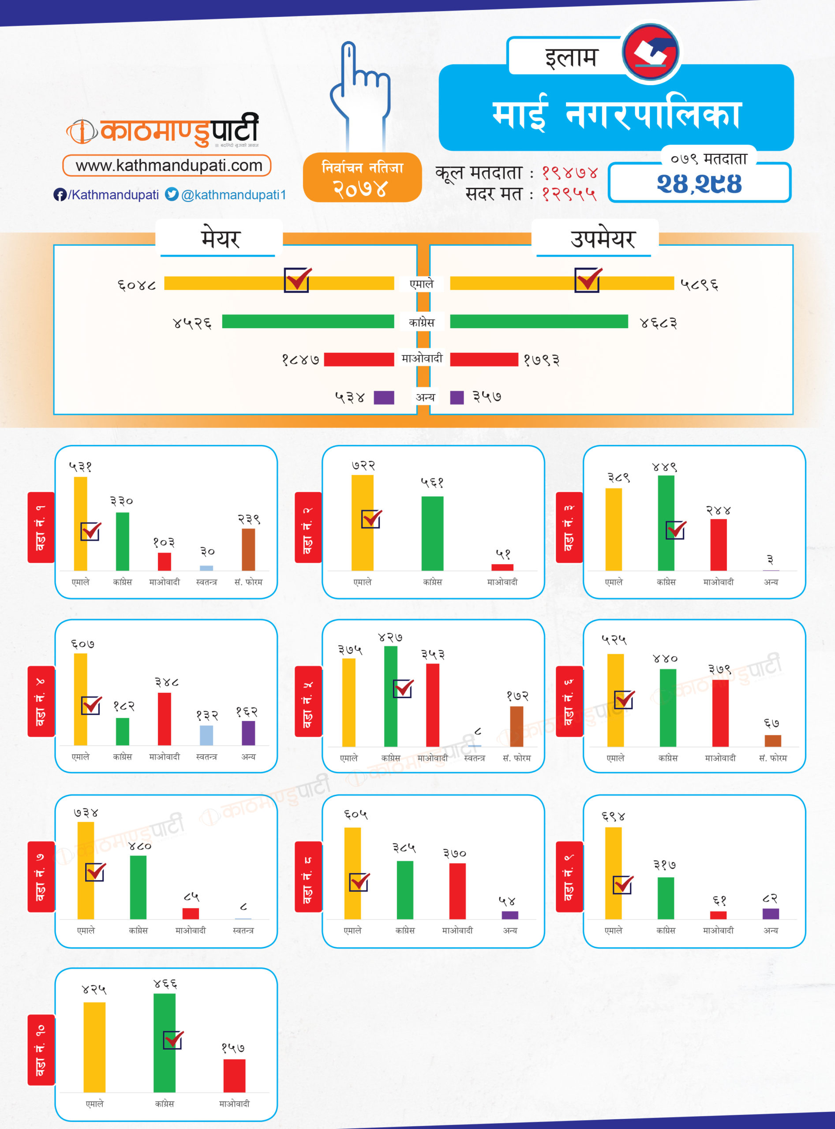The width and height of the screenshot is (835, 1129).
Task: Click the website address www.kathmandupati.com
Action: (x=168, y=165)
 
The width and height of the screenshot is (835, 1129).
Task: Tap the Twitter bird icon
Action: (x=172, y=194)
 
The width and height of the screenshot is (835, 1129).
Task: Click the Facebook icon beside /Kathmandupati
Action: (x=60, y=194)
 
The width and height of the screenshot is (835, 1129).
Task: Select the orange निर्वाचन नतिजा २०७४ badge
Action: (x=362, y=177)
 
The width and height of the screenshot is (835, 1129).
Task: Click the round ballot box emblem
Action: (x=651, y=52)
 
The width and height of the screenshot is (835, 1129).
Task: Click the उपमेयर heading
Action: (x=602, y=239)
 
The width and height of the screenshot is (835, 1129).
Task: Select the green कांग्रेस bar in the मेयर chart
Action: (x=308, y=322)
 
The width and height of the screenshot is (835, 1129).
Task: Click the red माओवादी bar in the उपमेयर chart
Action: (x=484, y=359)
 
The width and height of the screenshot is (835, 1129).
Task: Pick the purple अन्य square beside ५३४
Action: (x=384, y=397)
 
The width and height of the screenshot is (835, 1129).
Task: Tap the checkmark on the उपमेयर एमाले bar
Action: (x=588, y=280)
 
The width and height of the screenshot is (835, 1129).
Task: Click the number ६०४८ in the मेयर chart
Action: (x=136, y=285)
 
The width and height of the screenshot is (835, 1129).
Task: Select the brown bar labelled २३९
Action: (x=248, y=550)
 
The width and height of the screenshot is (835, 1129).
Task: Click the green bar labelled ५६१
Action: (x=432, y=533)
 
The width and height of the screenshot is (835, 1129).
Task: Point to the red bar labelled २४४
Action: (x=718, y=545)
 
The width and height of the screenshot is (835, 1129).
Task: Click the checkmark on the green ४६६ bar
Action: (x=173, y=1039)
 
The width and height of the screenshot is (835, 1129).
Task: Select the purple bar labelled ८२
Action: (x=770, y=914)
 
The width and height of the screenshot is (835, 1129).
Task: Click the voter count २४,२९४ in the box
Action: (x=699, y=184)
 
